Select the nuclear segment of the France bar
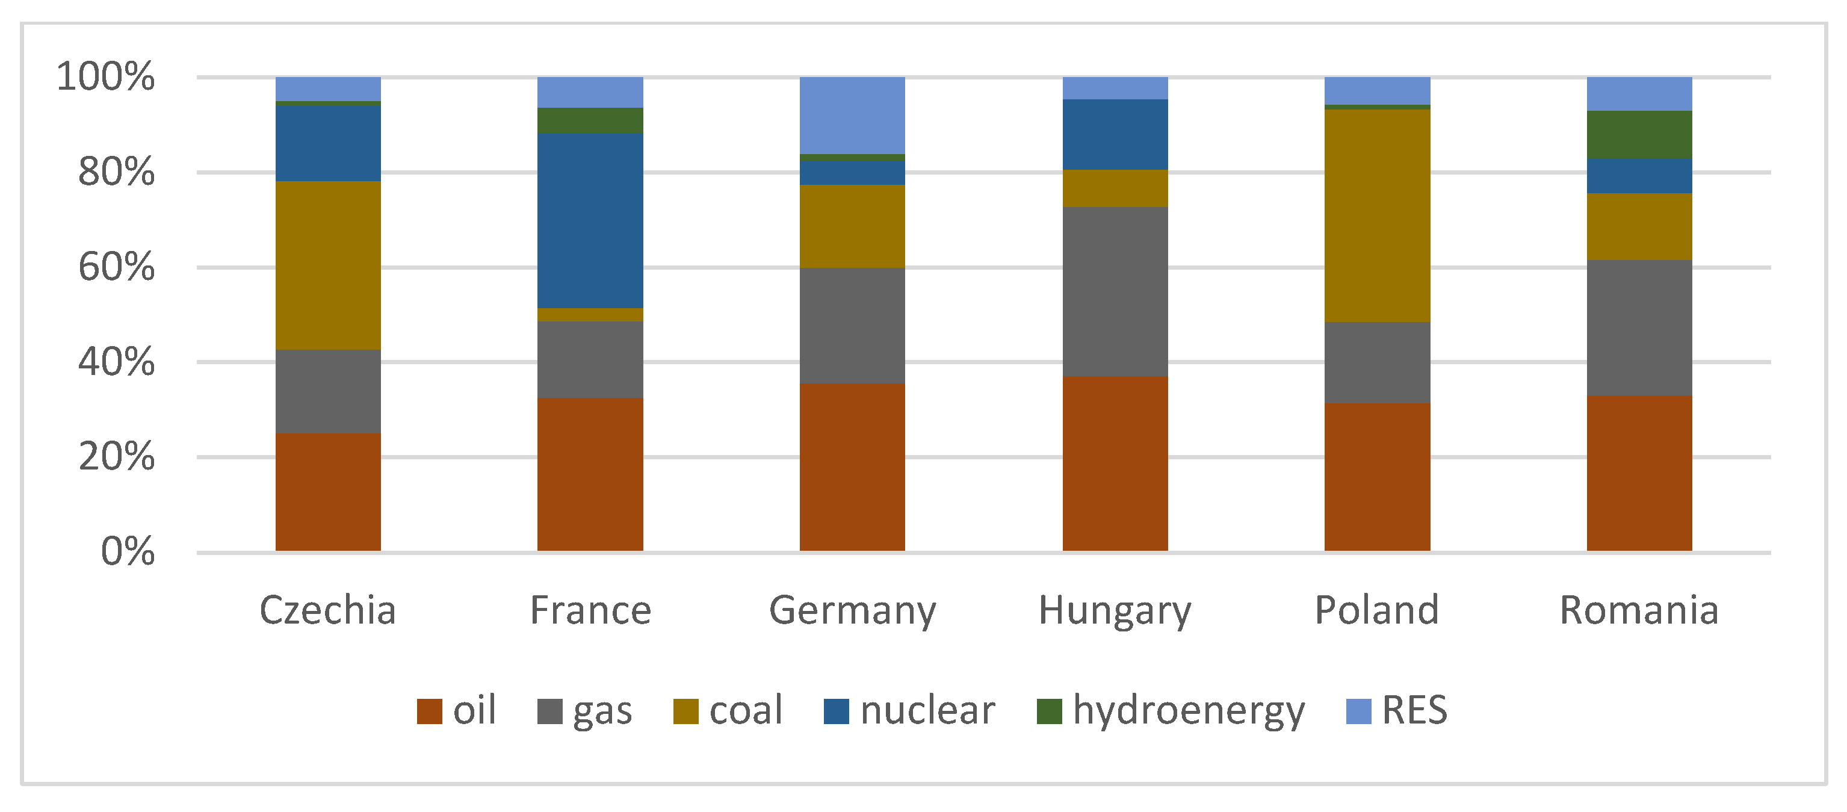coord(590,220)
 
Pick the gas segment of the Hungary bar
coord(1115,292)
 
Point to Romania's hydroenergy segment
coord(1639,135)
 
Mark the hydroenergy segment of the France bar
coord(590,120)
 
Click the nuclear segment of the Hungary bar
coord(1115,135)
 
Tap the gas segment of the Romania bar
coord(1639,328)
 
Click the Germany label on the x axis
coord(853,611)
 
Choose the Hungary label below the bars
coord(1115,611)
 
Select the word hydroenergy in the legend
coord(1189,711)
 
